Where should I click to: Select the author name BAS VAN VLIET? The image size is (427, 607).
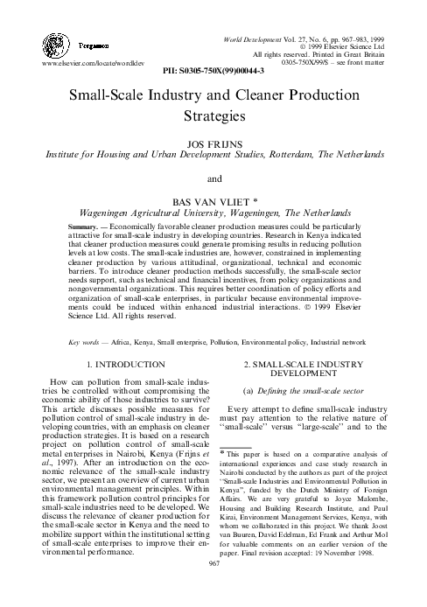click(x=210, y=199)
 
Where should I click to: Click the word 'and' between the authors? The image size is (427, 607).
click(x=214, y=179)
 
